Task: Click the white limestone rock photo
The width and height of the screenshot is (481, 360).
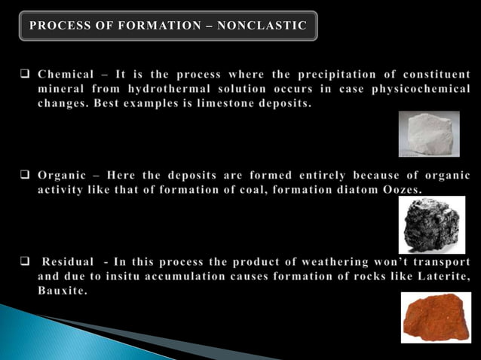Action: (x=428, y=133)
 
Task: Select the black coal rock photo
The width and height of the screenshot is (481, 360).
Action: (x=431, y=224)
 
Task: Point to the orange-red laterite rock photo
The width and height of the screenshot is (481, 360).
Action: (x=436, y=317)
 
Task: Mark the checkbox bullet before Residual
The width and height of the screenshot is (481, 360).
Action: (x=23, y=262)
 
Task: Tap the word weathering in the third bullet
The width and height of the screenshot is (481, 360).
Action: (x=324, y=262)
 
